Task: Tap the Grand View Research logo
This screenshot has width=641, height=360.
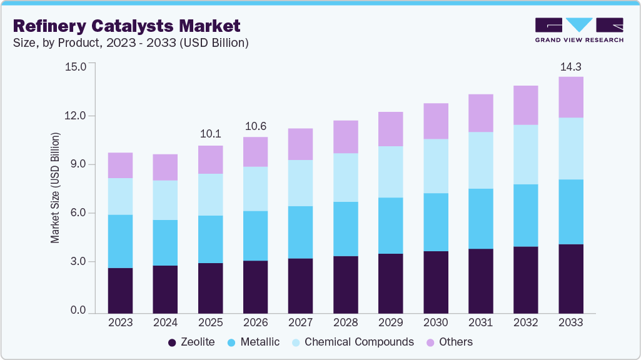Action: tap(578, 30)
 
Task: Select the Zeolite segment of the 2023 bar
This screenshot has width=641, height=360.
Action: tap(120, 290)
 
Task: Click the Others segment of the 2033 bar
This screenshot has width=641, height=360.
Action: tap(571, 97)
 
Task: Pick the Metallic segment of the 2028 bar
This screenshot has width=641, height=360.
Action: tap(346, 229)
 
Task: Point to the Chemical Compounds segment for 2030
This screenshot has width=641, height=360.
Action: tap(436, 166)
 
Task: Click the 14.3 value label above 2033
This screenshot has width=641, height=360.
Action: tap(571, 66)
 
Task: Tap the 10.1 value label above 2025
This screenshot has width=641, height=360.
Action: tap(211, 134)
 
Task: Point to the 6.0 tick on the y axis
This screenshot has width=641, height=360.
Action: tap(78, 213)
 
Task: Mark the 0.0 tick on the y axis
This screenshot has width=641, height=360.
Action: tap(78, 311)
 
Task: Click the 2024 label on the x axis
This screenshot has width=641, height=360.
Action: tap(165, 323)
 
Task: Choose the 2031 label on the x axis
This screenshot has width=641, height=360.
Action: tap(481, 323)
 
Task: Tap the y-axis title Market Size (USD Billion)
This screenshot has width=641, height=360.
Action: tap(55, 187)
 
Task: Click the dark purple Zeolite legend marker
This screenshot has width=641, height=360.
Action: tap(172, 342)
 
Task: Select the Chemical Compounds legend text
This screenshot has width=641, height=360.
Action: tap(359, 342)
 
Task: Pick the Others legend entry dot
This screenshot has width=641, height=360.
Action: tap(430, 342)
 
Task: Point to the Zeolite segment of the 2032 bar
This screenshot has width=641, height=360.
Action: tap(526, 279)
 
